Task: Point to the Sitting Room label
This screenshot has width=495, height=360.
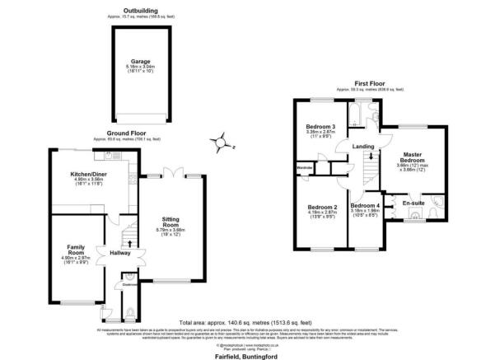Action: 170,221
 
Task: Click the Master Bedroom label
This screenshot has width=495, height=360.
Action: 412,154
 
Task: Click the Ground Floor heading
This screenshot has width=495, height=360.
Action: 125,132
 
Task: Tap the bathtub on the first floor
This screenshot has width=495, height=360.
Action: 360,111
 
